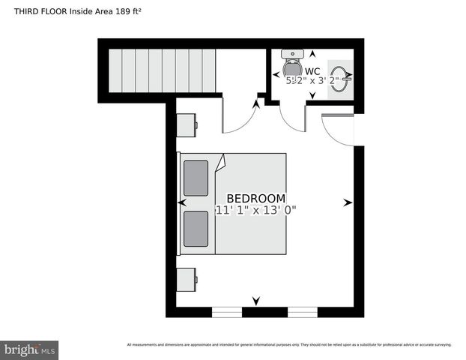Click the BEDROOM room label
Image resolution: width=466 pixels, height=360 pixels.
(x=255, y=198)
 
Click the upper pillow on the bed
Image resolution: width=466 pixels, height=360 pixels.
(x=196, y=177)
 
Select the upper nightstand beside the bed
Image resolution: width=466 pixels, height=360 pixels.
(x=187, y=124)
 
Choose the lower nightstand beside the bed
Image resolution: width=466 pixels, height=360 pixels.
(x=187, y=280)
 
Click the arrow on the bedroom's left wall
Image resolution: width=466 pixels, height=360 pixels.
(x=182, y=202)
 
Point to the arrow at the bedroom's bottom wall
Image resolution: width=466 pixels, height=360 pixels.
(x=256, y=301)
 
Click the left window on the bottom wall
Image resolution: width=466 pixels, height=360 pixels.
(x=227, y=311)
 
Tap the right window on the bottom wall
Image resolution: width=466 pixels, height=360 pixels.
(x=303, y=311)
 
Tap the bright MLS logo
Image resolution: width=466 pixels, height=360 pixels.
(x=29, y=349)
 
